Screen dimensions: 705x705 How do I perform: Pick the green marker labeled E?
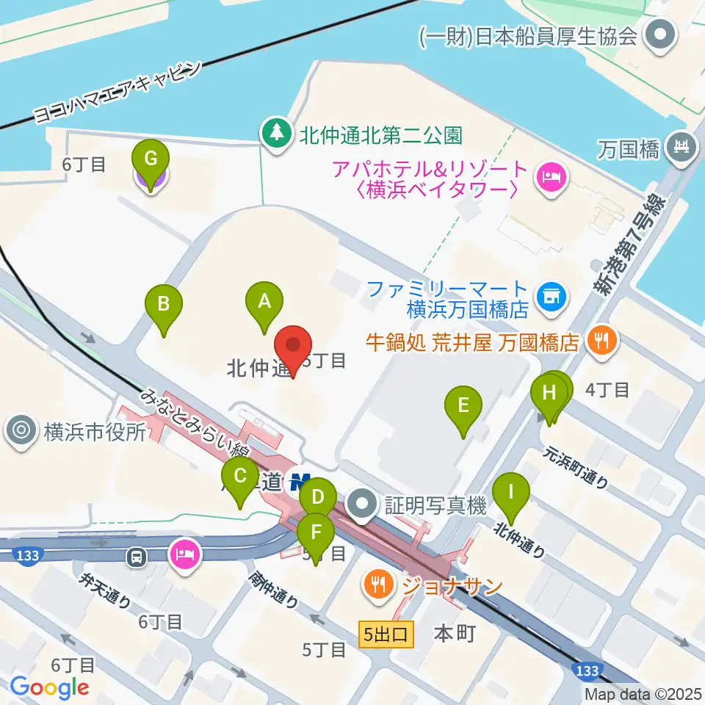[463, 406]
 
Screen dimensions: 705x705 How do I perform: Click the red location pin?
[293, 345]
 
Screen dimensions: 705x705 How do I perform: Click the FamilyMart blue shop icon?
[550, 297]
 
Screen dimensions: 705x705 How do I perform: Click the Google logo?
[49, 687]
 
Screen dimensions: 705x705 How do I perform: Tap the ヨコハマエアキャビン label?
[117, 92]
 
